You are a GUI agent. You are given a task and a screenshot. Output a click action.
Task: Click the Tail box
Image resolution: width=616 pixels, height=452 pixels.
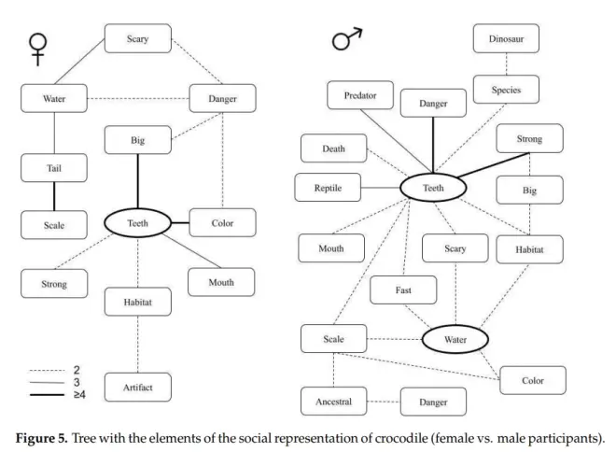[x=53, y=168]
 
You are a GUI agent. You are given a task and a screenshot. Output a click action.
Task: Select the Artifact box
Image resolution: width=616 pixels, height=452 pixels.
[x=138, y=386]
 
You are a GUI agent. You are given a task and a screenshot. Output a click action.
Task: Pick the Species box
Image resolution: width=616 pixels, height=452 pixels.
[x=505, y=91]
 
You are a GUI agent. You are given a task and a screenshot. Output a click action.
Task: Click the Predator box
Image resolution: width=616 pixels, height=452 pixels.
[x=360, y=95]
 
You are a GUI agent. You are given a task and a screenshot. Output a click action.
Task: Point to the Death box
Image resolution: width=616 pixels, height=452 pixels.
[x=333, y=148]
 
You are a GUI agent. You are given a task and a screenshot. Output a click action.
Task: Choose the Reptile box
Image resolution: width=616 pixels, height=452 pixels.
[x=328, y=188]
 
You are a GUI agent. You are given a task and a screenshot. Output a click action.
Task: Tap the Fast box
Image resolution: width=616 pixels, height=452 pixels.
[x=403, y=290]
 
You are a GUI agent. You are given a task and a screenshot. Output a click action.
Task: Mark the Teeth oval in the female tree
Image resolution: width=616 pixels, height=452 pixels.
[x=137, y=222]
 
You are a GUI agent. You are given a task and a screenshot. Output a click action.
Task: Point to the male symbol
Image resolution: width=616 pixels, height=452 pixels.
[x=346, y=41]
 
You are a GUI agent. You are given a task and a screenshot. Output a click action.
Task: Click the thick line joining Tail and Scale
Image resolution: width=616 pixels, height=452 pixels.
[x=53, y=196]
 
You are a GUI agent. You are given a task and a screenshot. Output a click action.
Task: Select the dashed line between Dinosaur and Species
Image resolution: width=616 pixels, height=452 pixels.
[x=506, y=64]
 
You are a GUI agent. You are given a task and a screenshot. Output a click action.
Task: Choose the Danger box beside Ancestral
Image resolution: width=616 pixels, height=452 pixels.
[x=434, y=403]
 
